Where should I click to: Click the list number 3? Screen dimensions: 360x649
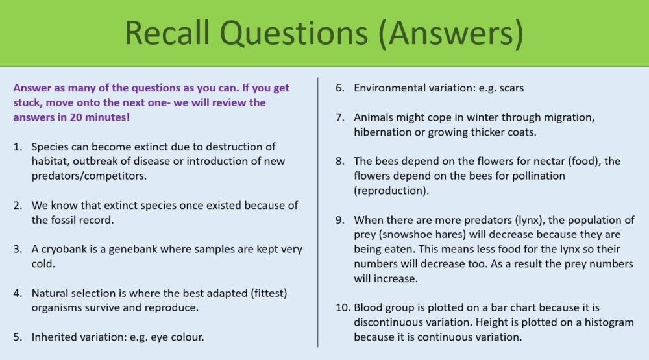point(18,248)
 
